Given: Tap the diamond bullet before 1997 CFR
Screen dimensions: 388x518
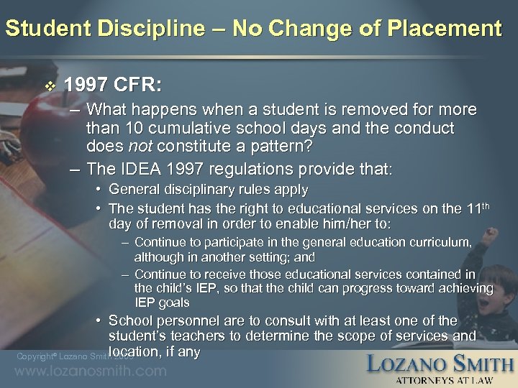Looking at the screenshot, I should click(x=49, y=86).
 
